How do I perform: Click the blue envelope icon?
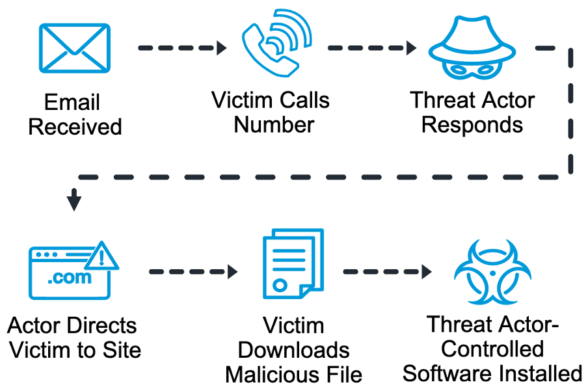75,49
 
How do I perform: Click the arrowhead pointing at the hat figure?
411,48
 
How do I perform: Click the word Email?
72,102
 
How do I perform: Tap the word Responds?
472,124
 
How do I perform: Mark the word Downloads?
293,350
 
